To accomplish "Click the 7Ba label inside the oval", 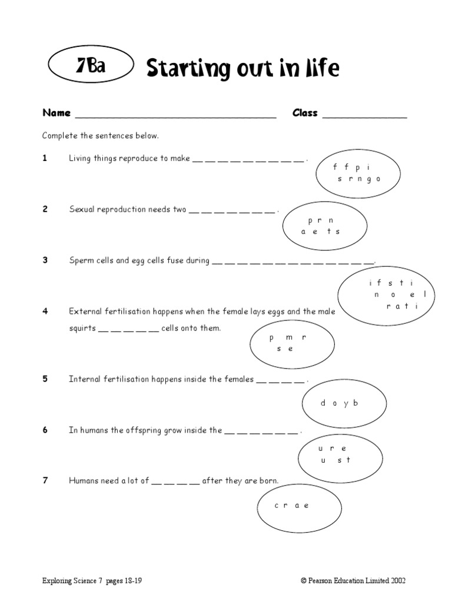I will pyautogui.click(x=91, y=66).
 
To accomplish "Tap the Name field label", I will pyautogui.click(x=56, y=113).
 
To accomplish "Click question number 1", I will pyautogui.click(x=45, y=158).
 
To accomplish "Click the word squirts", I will pyautogui.click(x=82, y=328).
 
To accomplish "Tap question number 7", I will pyautogui.click(x=45, y=481).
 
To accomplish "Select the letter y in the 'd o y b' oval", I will pyautogui.click(x=344, y=403).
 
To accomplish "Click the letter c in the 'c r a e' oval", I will pyautogui.click(x=277, y=506).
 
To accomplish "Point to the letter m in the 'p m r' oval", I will pyautogui.click(x=288, y=337).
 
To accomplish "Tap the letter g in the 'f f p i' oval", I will pyautogui.click(x=369, y=179).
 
